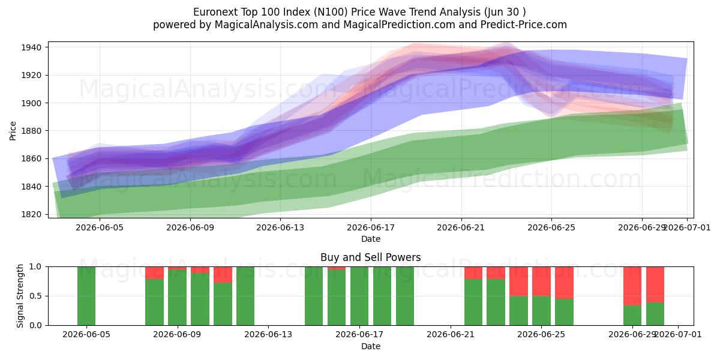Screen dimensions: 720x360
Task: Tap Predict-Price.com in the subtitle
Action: [523, 25]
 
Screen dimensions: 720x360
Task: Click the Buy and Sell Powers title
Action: [370, 257]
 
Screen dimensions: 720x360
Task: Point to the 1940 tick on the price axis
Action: [31, 47]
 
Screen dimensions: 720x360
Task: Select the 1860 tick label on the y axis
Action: [31, 159]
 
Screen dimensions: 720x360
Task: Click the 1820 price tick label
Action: [31, 214]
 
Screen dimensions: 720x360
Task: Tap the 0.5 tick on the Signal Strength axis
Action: [35, 296]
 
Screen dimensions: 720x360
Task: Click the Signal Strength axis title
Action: [20, 296]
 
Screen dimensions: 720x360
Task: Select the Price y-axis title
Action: [13, 131]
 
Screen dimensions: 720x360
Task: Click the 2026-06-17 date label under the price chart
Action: [371, 227]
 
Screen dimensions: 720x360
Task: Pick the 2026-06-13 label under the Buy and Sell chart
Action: [268, 334]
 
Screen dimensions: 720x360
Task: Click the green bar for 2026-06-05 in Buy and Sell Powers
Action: [86, 296]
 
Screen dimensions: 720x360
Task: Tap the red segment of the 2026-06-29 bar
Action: [632, 286]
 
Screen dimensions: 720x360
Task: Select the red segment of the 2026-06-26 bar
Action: [564, 283]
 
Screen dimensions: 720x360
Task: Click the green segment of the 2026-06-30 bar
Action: [655, 314]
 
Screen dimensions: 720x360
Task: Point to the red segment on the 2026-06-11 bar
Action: [223, 275]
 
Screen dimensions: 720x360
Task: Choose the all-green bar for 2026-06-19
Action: [405, 296]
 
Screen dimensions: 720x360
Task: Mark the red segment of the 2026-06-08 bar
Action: [154, 273]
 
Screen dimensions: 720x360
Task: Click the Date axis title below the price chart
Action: [371, 239]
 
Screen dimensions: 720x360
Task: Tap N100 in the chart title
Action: [331, 12]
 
